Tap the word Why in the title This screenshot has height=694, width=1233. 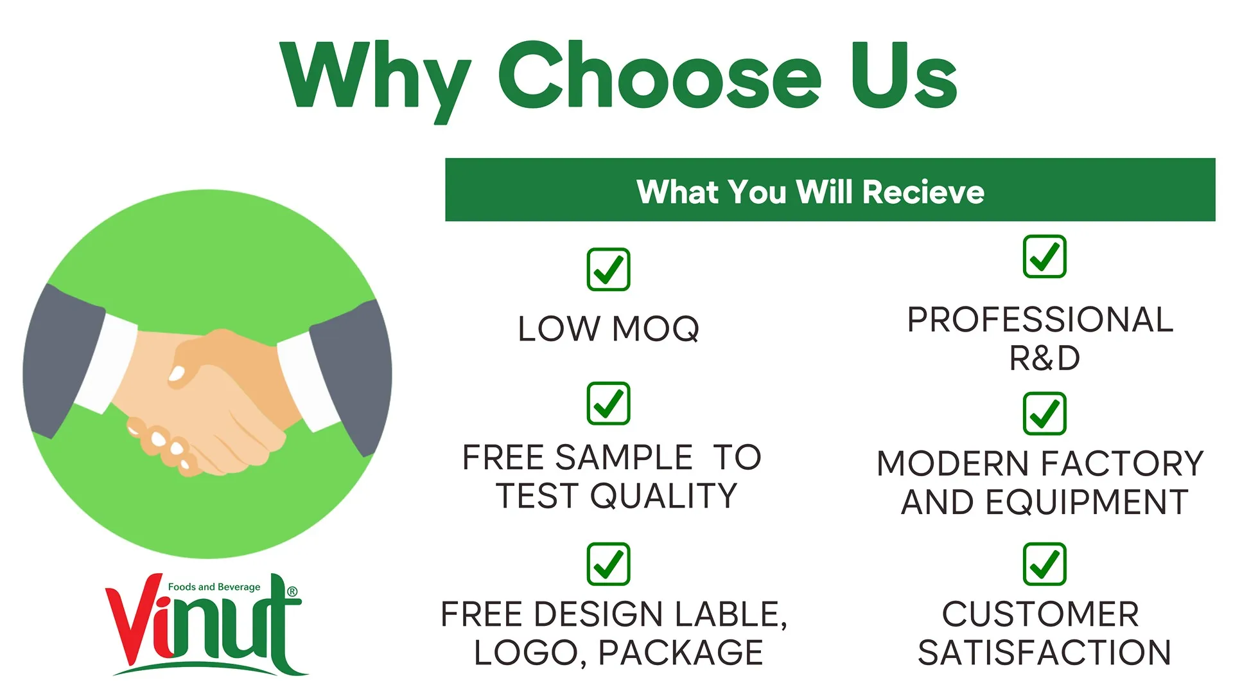[x=376, y=81]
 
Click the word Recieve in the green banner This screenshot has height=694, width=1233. [x=923, y=191]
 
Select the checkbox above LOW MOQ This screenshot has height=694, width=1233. [x=608, y=269]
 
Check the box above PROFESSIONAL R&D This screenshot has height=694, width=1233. [x=1044, y=256]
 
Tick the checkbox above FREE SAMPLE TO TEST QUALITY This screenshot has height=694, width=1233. [x=608, y=404]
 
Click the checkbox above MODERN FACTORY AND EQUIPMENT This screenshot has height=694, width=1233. [x=1044, y=414]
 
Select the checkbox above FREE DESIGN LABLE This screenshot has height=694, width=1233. [x=608, y=564]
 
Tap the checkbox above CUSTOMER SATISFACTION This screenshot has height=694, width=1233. [x=1044, y=564]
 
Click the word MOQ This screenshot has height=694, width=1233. [x=656, y=329]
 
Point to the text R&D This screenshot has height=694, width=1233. [x=1044, y=358]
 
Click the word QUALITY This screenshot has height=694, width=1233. [x=664, y=495]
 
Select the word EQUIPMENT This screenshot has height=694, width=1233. [x=1087, y=502]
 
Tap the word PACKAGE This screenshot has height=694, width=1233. [x=681, y=652]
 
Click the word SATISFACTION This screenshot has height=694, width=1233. [x=1044, y=652]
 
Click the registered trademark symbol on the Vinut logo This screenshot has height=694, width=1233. [x=292, y=591]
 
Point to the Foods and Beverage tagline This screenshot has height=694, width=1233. [x=214, y=587]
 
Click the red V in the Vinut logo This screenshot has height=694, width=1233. [x=134, y=619]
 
